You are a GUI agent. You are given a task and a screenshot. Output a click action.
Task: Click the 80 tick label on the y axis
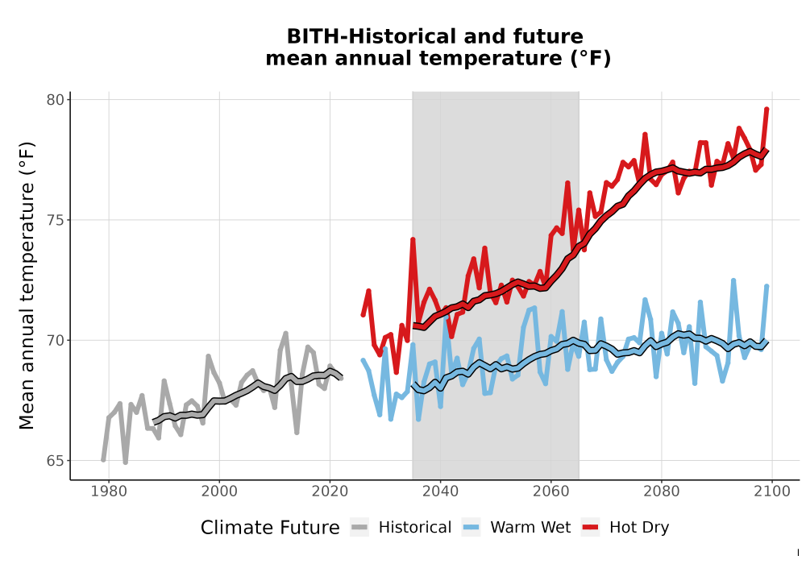coord(56,100)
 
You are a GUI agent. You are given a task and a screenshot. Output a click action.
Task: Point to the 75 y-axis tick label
coord(56,220)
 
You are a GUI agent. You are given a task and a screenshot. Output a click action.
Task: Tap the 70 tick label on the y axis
coord(56,341)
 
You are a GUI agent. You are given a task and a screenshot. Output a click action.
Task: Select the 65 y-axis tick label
coord(56,461)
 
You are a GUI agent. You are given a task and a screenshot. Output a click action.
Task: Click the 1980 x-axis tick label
coord(109,491)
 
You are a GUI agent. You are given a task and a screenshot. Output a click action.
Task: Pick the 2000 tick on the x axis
coord(219,491)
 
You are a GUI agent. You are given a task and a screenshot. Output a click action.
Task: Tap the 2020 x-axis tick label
coord(330,491)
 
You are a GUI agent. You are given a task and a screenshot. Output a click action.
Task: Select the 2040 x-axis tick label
coord(441,491)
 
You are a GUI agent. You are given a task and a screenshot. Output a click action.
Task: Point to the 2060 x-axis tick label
coord(551,491)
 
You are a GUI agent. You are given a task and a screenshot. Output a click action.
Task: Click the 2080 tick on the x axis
coord(662,491)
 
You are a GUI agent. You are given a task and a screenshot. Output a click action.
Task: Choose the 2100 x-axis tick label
coord(772,491)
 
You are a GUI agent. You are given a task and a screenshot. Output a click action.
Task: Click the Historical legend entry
coord(401,528)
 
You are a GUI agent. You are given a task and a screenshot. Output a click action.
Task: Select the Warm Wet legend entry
coord(517,528)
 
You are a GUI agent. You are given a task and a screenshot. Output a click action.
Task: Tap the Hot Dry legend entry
coord(625,528)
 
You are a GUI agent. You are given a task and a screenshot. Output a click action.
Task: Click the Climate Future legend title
coord(270,528)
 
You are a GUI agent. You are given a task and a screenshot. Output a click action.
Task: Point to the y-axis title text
coord(27,285)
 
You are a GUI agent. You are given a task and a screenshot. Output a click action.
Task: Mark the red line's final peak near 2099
coord(767,109)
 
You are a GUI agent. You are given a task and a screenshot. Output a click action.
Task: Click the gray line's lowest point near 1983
coord(126,462)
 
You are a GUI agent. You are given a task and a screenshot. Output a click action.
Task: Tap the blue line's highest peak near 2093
coord(733,280)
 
